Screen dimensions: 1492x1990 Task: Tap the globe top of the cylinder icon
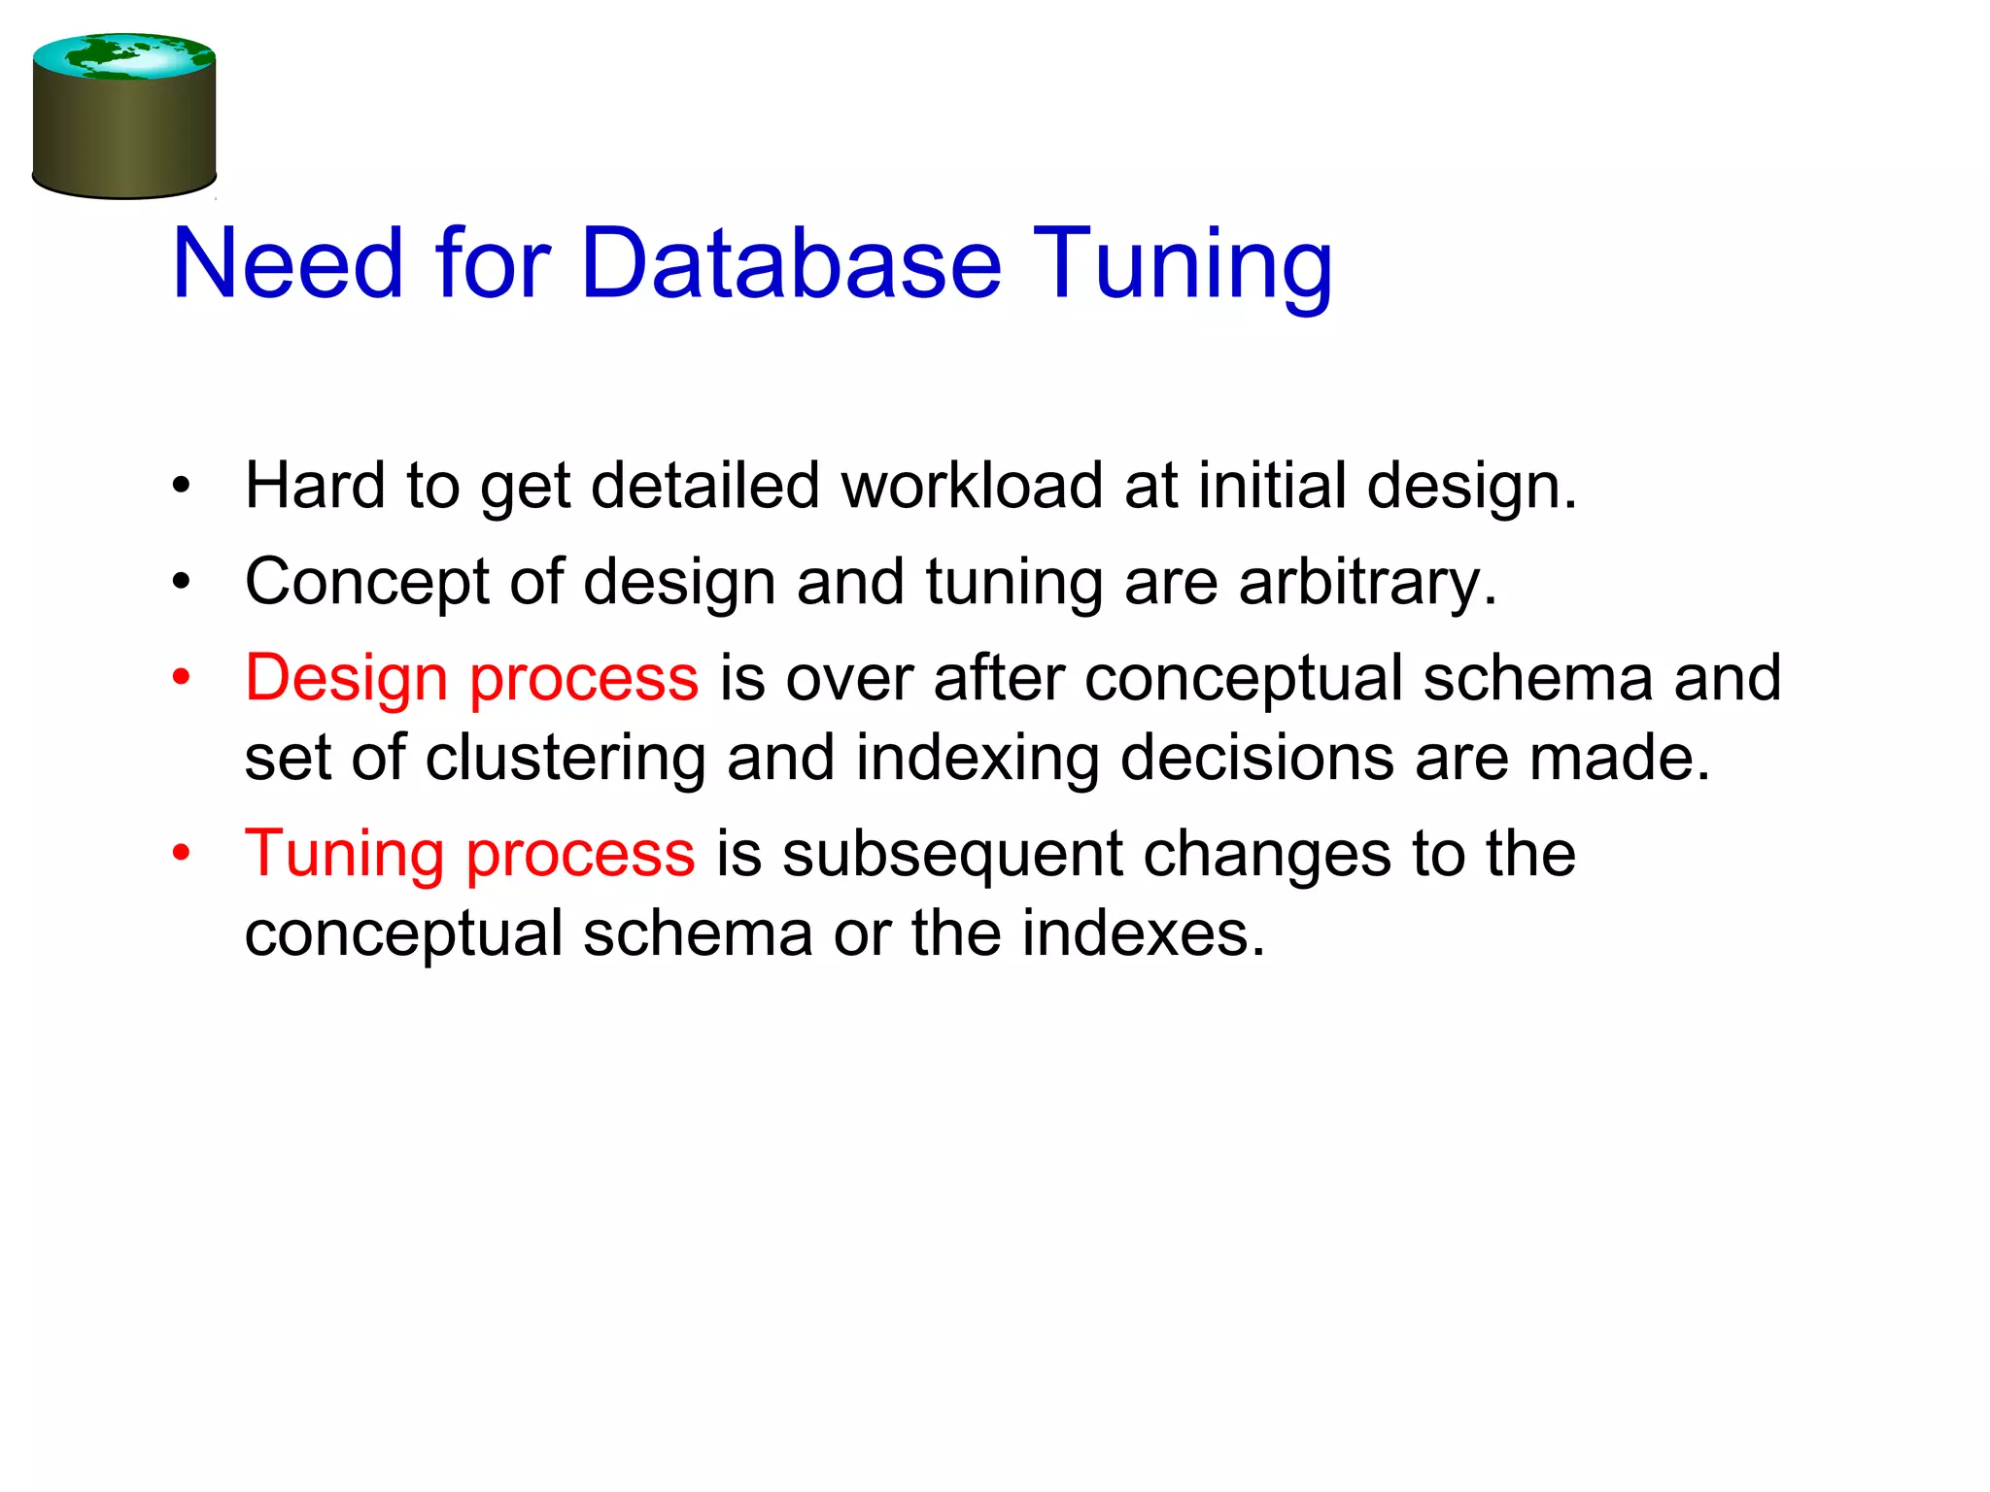(123, 56)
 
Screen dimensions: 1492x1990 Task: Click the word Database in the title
(790, 263)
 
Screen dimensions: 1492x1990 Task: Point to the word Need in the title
(287, 263)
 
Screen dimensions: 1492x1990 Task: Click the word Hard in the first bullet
(314, 485)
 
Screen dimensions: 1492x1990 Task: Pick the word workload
(971, 485)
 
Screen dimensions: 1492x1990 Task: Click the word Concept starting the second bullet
(366, 582)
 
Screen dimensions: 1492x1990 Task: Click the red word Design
(346, 679)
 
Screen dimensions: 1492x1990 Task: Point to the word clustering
(565, 759)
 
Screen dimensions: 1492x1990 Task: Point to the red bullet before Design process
(182, 678)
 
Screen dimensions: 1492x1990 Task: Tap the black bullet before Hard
(182, 486)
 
